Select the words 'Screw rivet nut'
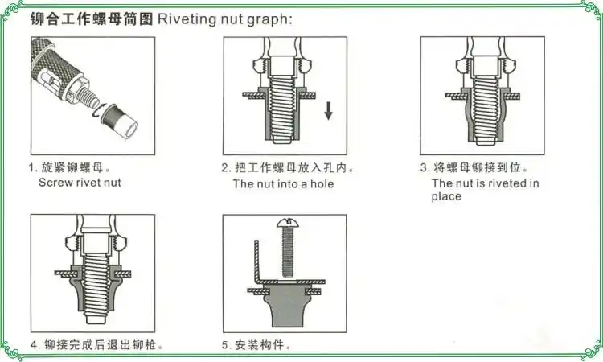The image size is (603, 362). pos(80,183)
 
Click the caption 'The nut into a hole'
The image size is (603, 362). pos(283,183)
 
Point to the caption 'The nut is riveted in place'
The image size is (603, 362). pos(485,190)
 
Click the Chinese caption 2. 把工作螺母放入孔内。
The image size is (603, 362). pos(288,168)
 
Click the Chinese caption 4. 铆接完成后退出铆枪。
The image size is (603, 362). pos(97,346)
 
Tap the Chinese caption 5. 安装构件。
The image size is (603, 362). pos(256,346)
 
